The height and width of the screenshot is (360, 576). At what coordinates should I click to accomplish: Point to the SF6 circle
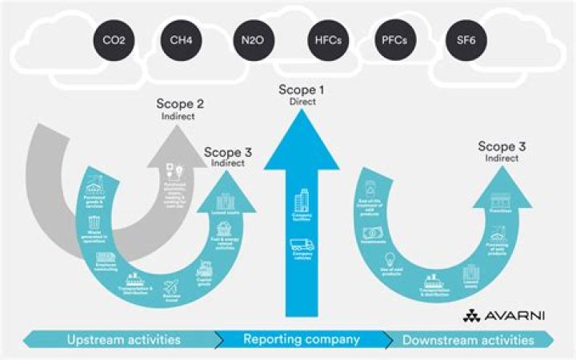tap(464, 39)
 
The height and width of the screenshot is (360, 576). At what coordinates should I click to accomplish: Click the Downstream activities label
tap(468, 340)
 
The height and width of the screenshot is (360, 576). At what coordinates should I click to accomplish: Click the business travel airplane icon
tap(172, 286)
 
